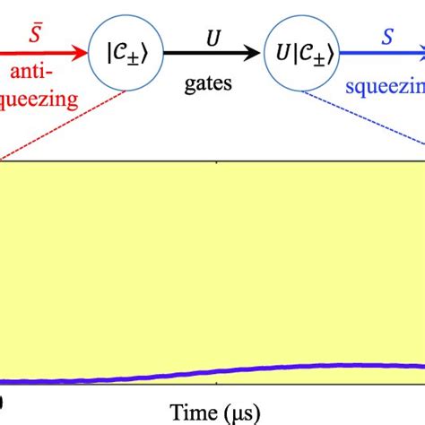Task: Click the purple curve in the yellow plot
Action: [x=269, y=368]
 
